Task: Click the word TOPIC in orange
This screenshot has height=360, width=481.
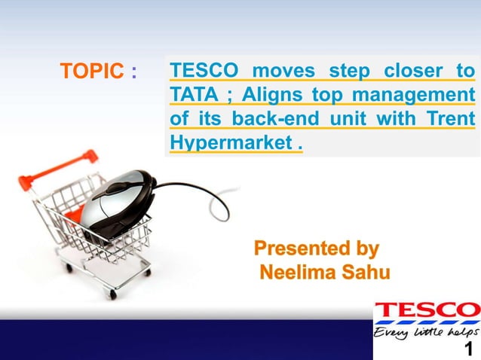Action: (90, 72)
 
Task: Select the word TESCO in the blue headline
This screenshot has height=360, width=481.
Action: (204, 72)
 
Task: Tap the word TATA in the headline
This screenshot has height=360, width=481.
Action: (192, 95)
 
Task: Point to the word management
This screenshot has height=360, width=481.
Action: (415, 95)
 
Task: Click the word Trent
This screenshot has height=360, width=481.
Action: (450, 119)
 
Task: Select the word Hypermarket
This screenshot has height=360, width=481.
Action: (229, 142)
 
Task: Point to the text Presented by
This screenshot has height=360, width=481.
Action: (317, 249)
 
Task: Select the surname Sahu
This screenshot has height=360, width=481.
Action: (365, 272)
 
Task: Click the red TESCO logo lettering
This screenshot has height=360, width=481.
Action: (427, 310)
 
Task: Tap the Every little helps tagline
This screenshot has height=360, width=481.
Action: (426, 331)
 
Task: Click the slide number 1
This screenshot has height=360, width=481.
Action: (469, 349)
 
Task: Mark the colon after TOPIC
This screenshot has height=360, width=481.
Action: (133, 72)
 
